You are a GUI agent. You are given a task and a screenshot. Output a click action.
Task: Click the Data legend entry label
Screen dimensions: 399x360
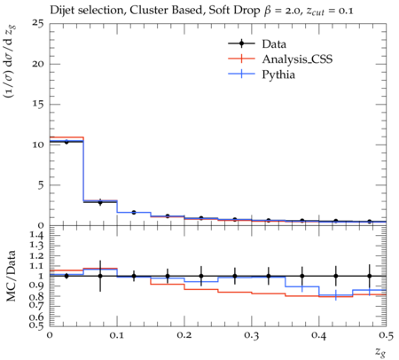pos(274,44)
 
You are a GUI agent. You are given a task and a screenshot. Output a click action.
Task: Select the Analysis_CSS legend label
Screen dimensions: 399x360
pos(297,59)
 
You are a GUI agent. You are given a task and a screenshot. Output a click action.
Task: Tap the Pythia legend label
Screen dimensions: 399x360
pos(278,74)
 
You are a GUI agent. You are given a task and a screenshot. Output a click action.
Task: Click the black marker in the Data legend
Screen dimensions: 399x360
pos(241,43)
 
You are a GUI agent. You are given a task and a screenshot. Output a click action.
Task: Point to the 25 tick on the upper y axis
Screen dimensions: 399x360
pos(38,23)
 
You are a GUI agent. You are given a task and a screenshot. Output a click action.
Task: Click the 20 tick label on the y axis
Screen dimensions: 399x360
pos(38,64)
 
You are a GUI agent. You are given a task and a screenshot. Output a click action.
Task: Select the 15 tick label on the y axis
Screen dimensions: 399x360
pos(38,105)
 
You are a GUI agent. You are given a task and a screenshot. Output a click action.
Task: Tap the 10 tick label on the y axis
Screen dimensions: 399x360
pos(38,145)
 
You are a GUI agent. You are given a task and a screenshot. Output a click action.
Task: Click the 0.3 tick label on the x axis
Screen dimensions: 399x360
pos(252,335)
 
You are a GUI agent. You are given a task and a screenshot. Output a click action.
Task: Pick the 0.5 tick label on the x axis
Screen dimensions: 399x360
pos(386,335)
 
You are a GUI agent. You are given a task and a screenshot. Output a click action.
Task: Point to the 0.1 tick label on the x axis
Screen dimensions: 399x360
pos(117,335)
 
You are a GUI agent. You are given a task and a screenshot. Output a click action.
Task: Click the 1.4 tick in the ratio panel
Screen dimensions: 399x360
pos(37,235)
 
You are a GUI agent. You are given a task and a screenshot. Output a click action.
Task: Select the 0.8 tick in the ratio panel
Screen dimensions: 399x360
pos(37,296)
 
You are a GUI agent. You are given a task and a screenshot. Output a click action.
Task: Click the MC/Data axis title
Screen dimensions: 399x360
pos(11,276)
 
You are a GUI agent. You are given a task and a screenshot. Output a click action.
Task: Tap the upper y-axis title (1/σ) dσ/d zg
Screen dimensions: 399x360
pos(11,62)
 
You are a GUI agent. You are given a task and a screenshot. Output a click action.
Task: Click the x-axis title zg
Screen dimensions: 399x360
pos(380,352)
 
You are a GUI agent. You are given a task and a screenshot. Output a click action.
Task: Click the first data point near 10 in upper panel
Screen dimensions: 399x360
pos(66,142)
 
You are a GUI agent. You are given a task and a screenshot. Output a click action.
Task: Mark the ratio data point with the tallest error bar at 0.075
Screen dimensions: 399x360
pos(100,276)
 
